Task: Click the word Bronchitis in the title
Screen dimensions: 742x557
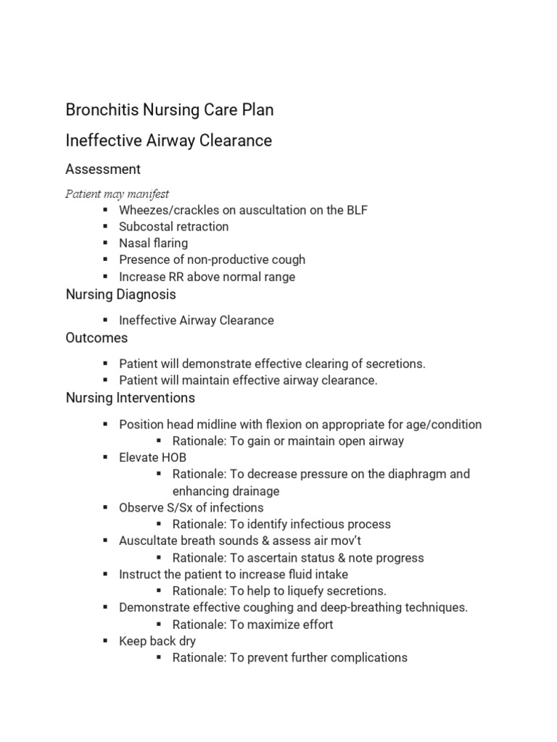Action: pos(96,110)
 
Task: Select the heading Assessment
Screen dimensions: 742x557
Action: pos(103,170)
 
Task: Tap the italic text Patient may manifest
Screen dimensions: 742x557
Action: pos(117,193)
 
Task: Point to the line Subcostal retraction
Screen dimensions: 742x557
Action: pos(173,227)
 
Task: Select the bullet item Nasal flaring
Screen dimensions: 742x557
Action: pos(153,243)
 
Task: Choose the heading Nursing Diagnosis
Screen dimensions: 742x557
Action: pos(120,295)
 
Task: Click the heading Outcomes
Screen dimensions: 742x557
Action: pos(96,338)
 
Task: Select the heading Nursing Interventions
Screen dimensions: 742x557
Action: pos(130,399)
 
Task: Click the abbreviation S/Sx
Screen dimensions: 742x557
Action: pos(180,508)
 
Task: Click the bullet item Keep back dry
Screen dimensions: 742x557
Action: pos(157,641)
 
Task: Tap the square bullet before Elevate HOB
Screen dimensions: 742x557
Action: pos(105,458)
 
